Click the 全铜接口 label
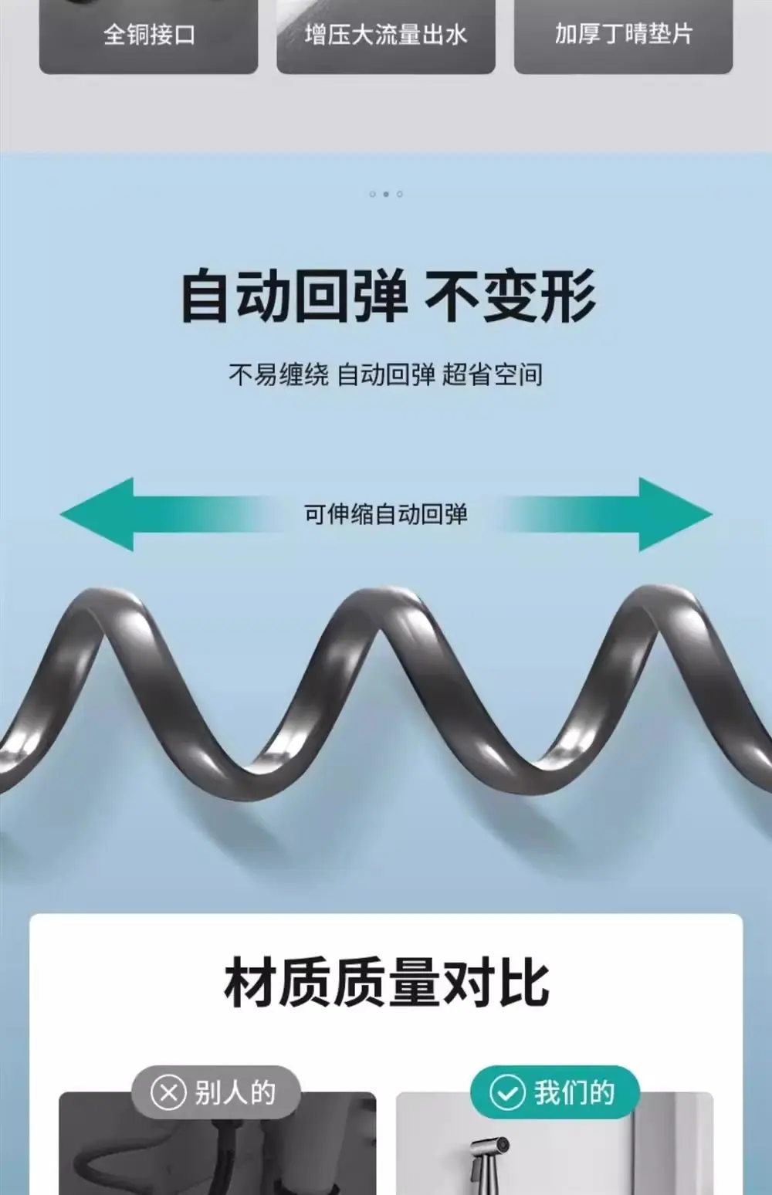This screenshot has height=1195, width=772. [x=149, y=35]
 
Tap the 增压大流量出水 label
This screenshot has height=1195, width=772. [x=386, y=35]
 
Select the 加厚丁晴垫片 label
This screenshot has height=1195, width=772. [x=623, y=34]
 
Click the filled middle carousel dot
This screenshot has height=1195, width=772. [x=386, y=195]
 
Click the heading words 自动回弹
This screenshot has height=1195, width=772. [x=294, y=296]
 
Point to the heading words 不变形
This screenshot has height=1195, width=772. [x=510, y=296]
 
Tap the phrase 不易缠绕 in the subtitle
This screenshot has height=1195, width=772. [x=279, y=374]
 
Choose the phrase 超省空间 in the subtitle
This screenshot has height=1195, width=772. [x=492, y=374]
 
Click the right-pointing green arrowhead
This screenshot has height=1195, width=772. [x=675, y=514]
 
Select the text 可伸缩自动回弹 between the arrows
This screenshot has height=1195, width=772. [x=386, y=514]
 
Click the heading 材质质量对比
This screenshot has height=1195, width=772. [x=386, y=982]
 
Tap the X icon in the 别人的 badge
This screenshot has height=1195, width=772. [x=168, y=1092]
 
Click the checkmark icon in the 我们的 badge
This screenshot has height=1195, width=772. [x=507, y=1092]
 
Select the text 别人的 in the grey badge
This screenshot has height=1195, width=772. [x=235, y=1092]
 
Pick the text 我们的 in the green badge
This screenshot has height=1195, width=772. [x=574, y=1092]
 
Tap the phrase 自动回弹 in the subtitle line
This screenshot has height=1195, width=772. [x=386, y=374]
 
